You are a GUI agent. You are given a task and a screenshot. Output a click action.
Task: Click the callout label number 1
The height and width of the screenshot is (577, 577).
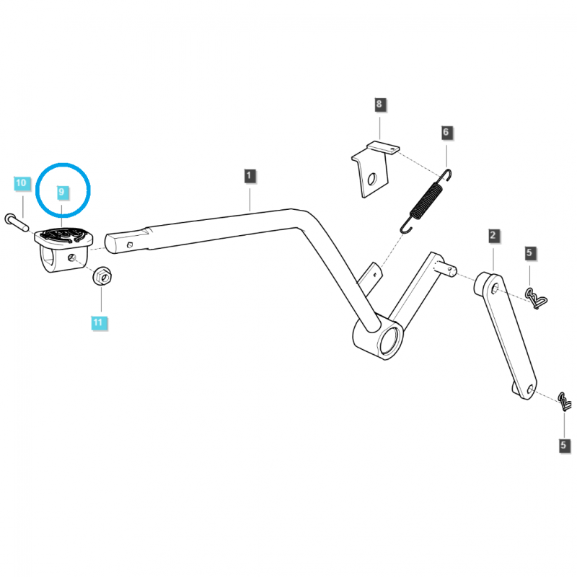pyautogui.click(x=249, y=175)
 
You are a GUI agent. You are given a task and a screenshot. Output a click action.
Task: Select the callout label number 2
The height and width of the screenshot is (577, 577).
pyautogui.click(x=493, y=235)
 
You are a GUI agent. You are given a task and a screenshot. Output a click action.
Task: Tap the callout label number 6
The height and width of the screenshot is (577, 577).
pyautogui.click(x=446, y=132)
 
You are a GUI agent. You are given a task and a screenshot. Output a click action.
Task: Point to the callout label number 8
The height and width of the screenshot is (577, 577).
pyautogui.click(x=379, y=105)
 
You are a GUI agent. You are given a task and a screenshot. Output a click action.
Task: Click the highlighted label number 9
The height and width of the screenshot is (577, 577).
pyautogui.click(x=62, y=193)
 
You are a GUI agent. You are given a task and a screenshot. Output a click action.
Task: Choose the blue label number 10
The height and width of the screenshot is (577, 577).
pyautogui.click(x=20, y=183)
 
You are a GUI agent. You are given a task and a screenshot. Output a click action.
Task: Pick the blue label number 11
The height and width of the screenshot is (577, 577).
pyautogui.click(x=97, y=322)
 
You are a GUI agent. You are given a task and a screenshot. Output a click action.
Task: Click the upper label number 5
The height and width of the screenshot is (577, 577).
pyautogui.click(x=529, y=253)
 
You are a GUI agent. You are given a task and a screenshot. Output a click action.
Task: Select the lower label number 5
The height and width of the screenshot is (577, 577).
pyautogui.click(x=564, y=446)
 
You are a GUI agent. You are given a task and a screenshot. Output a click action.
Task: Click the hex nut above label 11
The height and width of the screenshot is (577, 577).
pyautogui.click(x=101, y=276)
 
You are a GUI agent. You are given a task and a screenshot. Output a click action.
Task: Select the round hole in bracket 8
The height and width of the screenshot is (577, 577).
pyautogui.click(x=371, y=178)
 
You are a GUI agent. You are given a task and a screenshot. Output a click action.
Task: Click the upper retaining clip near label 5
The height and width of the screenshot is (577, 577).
pyautogui.click(x=534, y=296)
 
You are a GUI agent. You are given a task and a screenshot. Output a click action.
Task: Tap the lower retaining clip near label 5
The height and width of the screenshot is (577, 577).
pyautogui.click(x=565, y=400)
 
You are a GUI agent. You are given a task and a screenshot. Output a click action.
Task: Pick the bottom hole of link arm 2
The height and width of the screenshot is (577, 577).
pyautogui.click(x=530, y=390)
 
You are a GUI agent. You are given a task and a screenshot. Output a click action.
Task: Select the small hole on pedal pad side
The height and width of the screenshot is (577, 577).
pyautogui.click(x=71, y=257)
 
